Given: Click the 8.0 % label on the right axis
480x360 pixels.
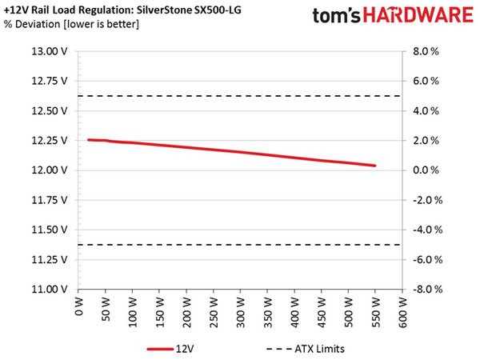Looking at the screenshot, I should click(427, 51).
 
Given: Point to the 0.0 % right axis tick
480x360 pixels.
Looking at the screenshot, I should click(427, 170).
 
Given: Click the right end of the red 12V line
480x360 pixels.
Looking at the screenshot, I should click(375, 166).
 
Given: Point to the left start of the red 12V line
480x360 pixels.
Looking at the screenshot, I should click(88, 140).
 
